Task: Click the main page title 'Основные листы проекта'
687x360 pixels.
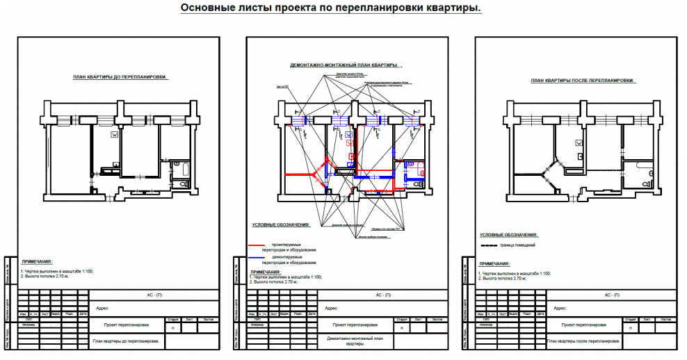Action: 330,8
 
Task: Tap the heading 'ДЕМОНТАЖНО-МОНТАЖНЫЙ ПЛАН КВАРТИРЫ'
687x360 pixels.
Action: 343,65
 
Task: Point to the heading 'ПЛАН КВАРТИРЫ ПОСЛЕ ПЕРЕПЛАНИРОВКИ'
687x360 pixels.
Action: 582,81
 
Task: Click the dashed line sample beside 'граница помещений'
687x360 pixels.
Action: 489,246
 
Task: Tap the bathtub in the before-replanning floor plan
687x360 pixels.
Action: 182,170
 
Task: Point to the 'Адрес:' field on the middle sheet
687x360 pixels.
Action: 330,308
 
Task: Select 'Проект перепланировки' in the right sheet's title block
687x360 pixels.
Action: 583,325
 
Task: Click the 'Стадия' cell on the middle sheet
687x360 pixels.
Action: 401,319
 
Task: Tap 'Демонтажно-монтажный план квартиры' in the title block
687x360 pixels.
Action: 355,341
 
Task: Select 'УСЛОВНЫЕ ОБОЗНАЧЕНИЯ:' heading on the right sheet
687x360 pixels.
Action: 508,235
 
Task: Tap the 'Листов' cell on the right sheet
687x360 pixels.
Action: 664,319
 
